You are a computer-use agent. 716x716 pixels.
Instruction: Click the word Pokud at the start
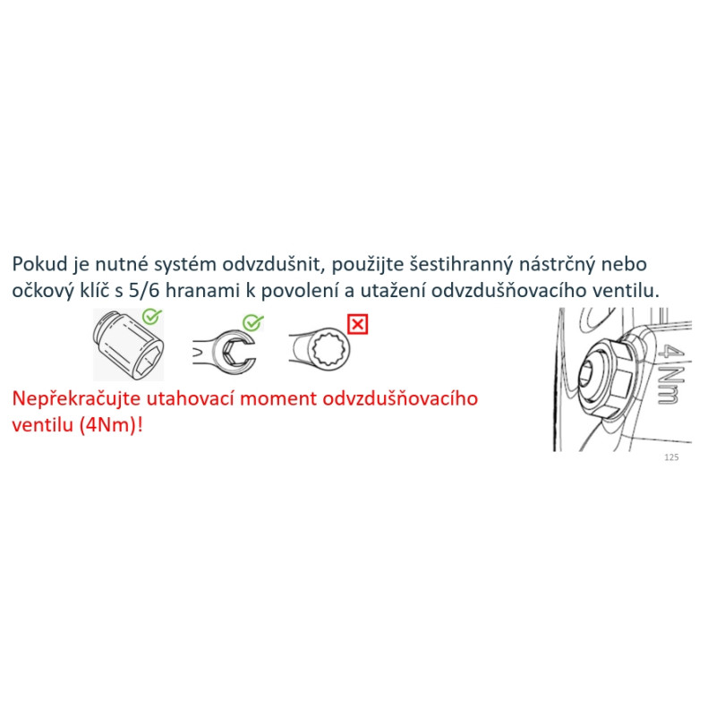(x=39, y=264)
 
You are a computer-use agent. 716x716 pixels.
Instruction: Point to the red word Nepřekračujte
(x=76, y=399)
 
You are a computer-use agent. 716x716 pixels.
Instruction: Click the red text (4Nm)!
(x=111, y=425)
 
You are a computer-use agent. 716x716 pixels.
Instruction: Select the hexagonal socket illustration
(x=128, y=345)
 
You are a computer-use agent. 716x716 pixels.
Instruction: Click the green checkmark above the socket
(x=151, y=316)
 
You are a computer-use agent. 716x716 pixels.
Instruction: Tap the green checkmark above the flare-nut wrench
(x=253, y=322)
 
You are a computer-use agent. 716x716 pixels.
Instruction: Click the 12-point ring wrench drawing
(x=320, y=349)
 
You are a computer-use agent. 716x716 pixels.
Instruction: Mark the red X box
(x=357, y=325)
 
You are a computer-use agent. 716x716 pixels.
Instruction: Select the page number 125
(x=671, y=457)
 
